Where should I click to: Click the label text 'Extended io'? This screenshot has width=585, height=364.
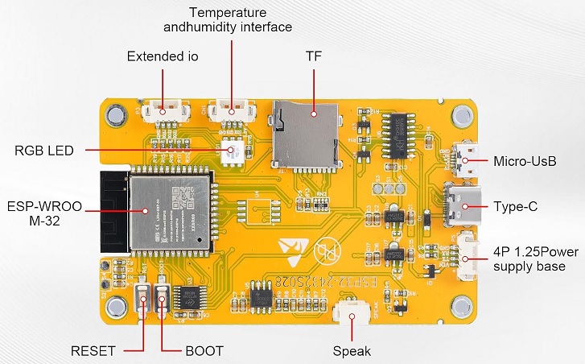coord(163,57)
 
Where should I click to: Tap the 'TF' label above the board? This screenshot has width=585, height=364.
coord(314,57)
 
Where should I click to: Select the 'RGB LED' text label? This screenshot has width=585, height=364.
coord(44,150)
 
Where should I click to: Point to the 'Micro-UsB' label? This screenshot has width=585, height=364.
coord(525,161)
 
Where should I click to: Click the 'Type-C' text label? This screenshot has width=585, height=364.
coord(515,206)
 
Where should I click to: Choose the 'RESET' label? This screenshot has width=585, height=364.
coord(93,351)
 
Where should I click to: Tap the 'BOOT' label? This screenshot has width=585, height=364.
coord(204,351)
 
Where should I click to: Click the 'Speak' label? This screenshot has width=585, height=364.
coord(352,351)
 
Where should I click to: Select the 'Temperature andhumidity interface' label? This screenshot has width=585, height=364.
coord(239,20)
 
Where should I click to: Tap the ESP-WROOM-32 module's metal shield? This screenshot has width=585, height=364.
coord(173,205)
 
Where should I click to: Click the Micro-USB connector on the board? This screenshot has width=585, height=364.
coord(465,160)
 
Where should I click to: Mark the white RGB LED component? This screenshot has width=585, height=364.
coord(234,150)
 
